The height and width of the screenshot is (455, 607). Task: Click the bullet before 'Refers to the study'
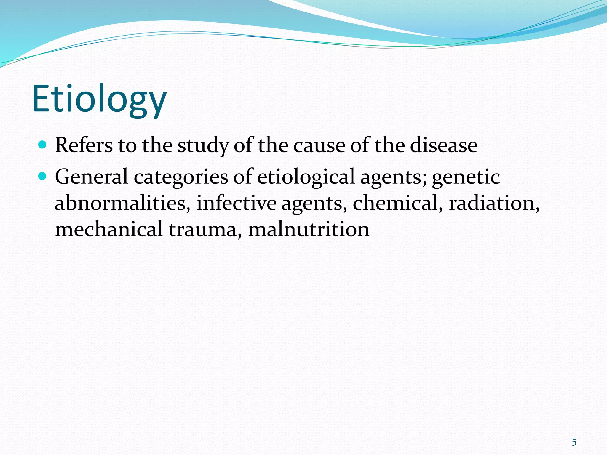tap(43, 145)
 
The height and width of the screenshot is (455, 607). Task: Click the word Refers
tap(84, 145)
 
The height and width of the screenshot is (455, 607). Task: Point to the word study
tap(203, 146)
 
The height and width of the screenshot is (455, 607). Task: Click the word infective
tap(236, 204)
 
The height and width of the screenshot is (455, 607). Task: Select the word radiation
tap(493, 204)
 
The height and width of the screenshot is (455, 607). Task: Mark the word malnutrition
tap(309, 229)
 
